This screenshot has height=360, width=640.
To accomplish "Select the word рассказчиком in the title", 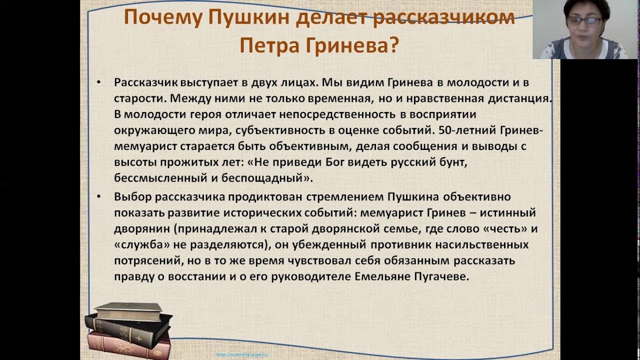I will pyautogui.click(x=444, y=18).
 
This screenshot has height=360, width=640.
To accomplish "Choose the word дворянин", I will pyautogui.click(x=140, y=228).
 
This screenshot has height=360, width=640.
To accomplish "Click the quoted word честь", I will pyautogui.click(x=501, y=228).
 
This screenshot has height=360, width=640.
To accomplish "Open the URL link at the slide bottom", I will pyautogui.click(x=242, y=354).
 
